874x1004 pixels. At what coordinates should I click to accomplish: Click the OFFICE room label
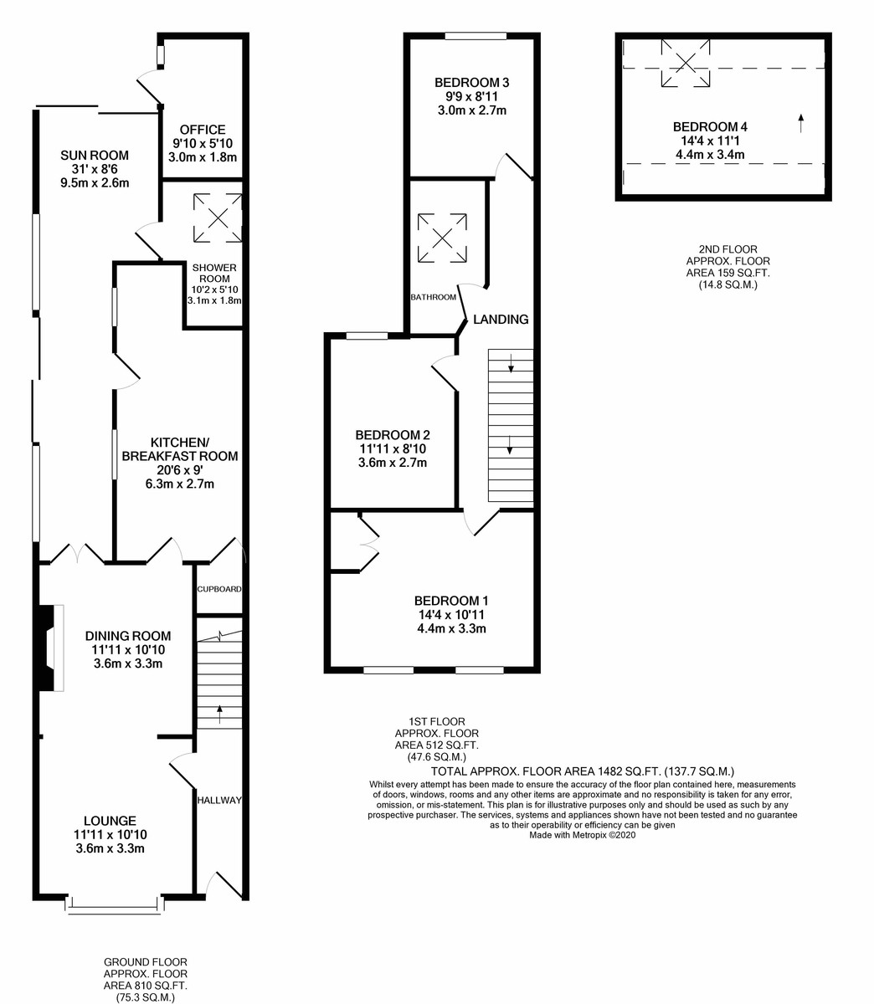203,130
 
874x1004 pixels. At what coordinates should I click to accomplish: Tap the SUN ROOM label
95,155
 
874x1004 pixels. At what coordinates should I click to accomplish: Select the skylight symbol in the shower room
218,218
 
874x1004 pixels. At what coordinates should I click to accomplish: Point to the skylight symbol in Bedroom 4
686,63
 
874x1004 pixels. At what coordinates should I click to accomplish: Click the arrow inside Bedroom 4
800,123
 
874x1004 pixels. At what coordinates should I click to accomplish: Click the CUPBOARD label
218,589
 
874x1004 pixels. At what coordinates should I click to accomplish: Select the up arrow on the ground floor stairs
219,714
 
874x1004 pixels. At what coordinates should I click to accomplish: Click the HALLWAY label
218,801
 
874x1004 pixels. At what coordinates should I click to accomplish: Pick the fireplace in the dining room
51,648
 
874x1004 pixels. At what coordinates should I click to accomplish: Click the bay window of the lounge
113,903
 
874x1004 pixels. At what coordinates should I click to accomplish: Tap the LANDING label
501,319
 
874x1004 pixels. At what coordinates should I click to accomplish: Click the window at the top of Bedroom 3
476,36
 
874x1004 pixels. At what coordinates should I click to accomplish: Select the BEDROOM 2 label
392,435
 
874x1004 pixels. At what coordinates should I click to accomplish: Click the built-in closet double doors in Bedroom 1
365,544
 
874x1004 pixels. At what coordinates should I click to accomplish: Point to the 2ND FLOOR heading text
727,249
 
